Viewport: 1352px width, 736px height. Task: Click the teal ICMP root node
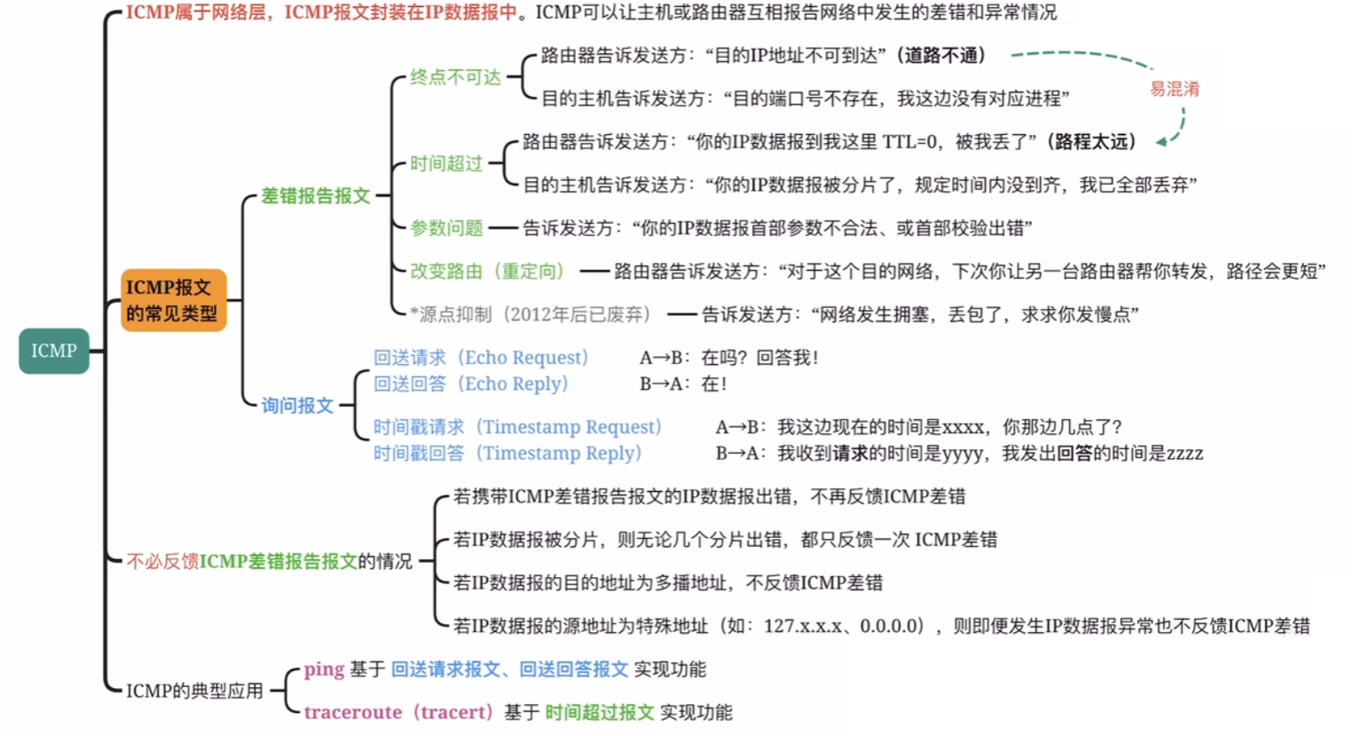click(54, 351)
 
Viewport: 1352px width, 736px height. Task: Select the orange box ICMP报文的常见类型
click(173, 300)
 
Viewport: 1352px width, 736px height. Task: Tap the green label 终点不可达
click(455, 77)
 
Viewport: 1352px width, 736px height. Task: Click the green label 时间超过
click(446, 163)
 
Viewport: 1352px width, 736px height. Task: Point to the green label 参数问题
click(446, 228)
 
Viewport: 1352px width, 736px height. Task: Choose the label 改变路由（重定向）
click(487, 271)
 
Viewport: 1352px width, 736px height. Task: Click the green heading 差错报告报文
click(315, 195)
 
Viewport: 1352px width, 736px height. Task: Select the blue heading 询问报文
click(297, 406)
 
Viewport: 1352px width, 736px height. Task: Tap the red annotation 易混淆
click(1175, 89)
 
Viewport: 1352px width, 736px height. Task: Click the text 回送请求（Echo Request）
click(481, 358)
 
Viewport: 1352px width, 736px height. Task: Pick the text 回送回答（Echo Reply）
click(471, 384)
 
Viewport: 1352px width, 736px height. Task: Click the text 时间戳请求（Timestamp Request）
click(517, 427)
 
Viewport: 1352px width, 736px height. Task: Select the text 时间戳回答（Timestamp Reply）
click(507, 453)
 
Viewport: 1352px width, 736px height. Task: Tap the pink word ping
click(324, 669)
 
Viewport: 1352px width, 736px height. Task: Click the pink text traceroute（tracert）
click(397, 712)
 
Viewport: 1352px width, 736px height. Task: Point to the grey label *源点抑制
click(450, 314)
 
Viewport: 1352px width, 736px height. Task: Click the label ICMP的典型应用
click(194, 691)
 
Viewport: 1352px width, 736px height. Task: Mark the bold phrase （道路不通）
click(941, 55)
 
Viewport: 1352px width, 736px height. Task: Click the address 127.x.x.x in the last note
click(804, 626)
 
